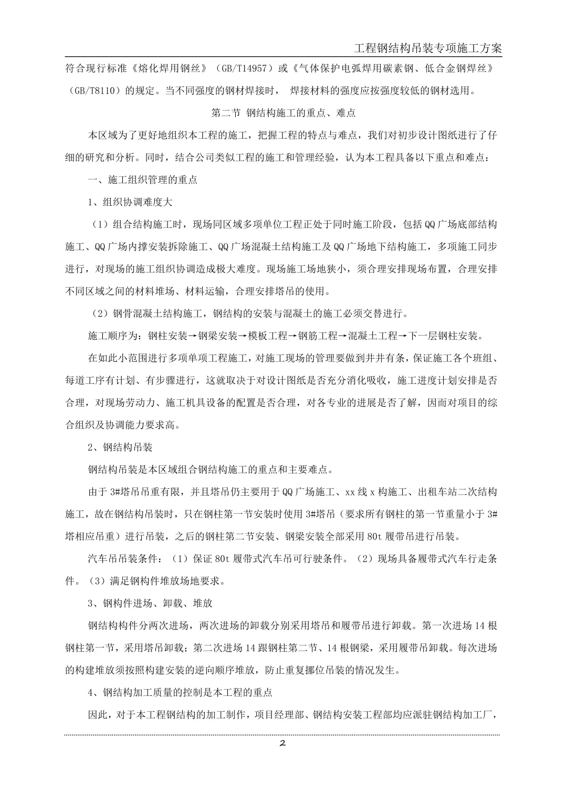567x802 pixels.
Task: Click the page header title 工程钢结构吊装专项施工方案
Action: click(428, 48)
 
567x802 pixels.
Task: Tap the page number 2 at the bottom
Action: click(282, 743)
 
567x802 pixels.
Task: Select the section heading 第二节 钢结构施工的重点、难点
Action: click(283, 112)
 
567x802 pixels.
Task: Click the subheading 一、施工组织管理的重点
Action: click(142, 180)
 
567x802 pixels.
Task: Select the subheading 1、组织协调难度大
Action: click(130, 202)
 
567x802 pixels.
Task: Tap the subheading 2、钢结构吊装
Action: click(120, 447)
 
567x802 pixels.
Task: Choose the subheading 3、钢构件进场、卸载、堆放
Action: click(150, 603)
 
